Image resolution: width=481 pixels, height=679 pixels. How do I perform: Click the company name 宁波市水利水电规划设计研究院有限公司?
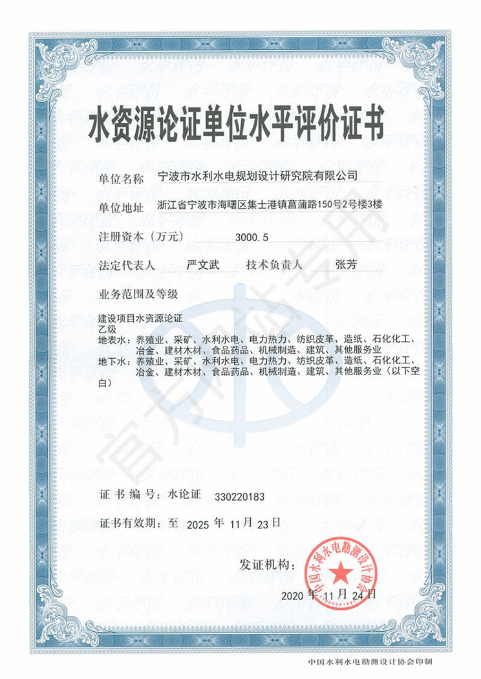click(x=257, y=175)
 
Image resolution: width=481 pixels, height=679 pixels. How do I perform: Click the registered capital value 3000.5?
click(x=253, y=237)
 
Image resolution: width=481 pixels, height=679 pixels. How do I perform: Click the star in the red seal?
click(x=338, y=570)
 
